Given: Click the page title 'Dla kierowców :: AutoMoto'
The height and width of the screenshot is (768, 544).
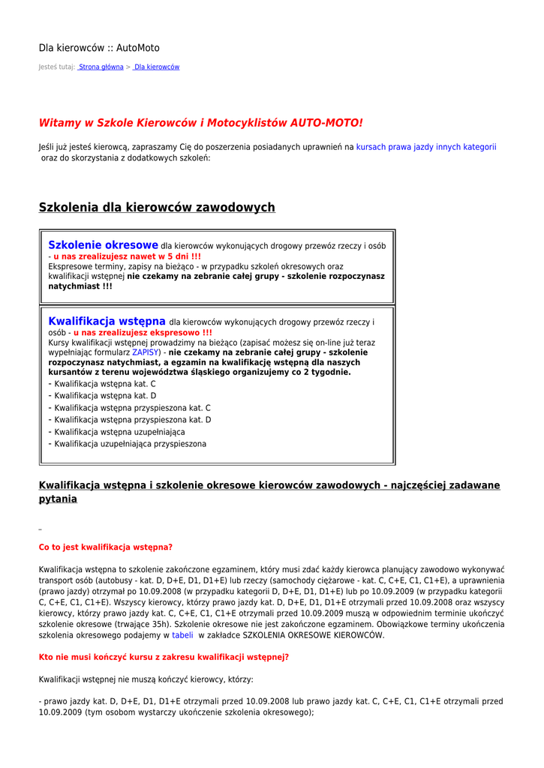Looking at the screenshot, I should pos(99,48).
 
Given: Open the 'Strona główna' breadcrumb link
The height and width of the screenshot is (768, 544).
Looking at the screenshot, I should pos(101,67).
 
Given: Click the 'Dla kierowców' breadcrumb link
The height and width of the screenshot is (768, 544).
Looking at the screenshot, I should pos(157,67).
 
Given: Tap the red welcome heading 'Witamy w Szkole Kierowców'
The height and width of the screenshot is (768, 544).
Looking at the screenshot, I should pos(200,122).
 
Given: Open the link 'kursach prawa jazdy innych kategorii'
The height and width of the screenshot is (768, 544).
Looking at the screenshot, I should pos(425,148).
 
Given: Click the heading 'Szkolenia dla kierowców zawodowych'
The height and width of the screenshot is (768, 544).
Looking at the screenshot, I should pos(157,208).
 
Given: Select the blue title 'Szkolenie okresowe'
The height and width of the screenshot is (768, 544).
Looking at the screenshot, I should pos(103,245).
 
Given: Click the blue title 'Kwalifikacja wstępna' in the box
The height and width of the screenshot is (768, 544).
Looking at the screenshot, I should pos(107,322).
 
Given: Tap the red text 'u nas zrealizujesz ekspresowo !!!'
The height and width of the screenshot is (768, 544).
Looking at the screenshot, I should pos(143,333).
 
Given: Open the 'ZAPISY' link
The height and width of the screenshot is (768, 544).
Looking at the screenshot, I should pos(146,352).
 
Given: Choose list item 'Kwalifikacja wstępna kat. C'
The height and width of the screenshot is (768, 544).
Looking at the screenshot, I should pos(105,384).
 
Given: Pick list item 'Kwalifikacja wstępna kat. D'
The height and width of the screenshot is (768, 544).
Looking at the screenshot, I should pos(105,396).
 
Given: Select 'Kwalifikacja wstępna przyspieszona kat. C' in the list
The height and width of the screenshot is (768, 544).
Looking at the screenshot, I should pos(132,408).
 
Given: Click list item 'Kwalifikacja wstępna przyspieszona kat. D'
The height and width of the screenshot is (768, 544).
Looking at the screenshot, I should pos(132,420).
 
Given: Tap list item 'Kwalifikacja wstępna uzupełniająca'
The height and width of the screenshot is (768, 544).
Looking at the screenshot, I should pos(119,432).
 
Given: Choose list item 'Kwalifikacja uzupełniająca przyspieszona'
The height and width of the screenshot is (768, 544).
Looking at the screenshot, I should pos(130,444).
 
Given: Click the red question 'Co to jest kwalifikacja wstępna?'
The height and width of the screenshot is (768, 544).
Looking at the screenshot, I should pos(106,547).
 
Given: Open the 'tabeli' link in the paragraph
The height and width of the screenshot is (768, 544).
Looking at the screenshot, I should pos(182,635).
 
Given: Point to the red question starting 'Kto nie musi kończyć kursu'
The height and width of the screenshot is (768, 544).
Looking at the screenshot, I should pos(164,657).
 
